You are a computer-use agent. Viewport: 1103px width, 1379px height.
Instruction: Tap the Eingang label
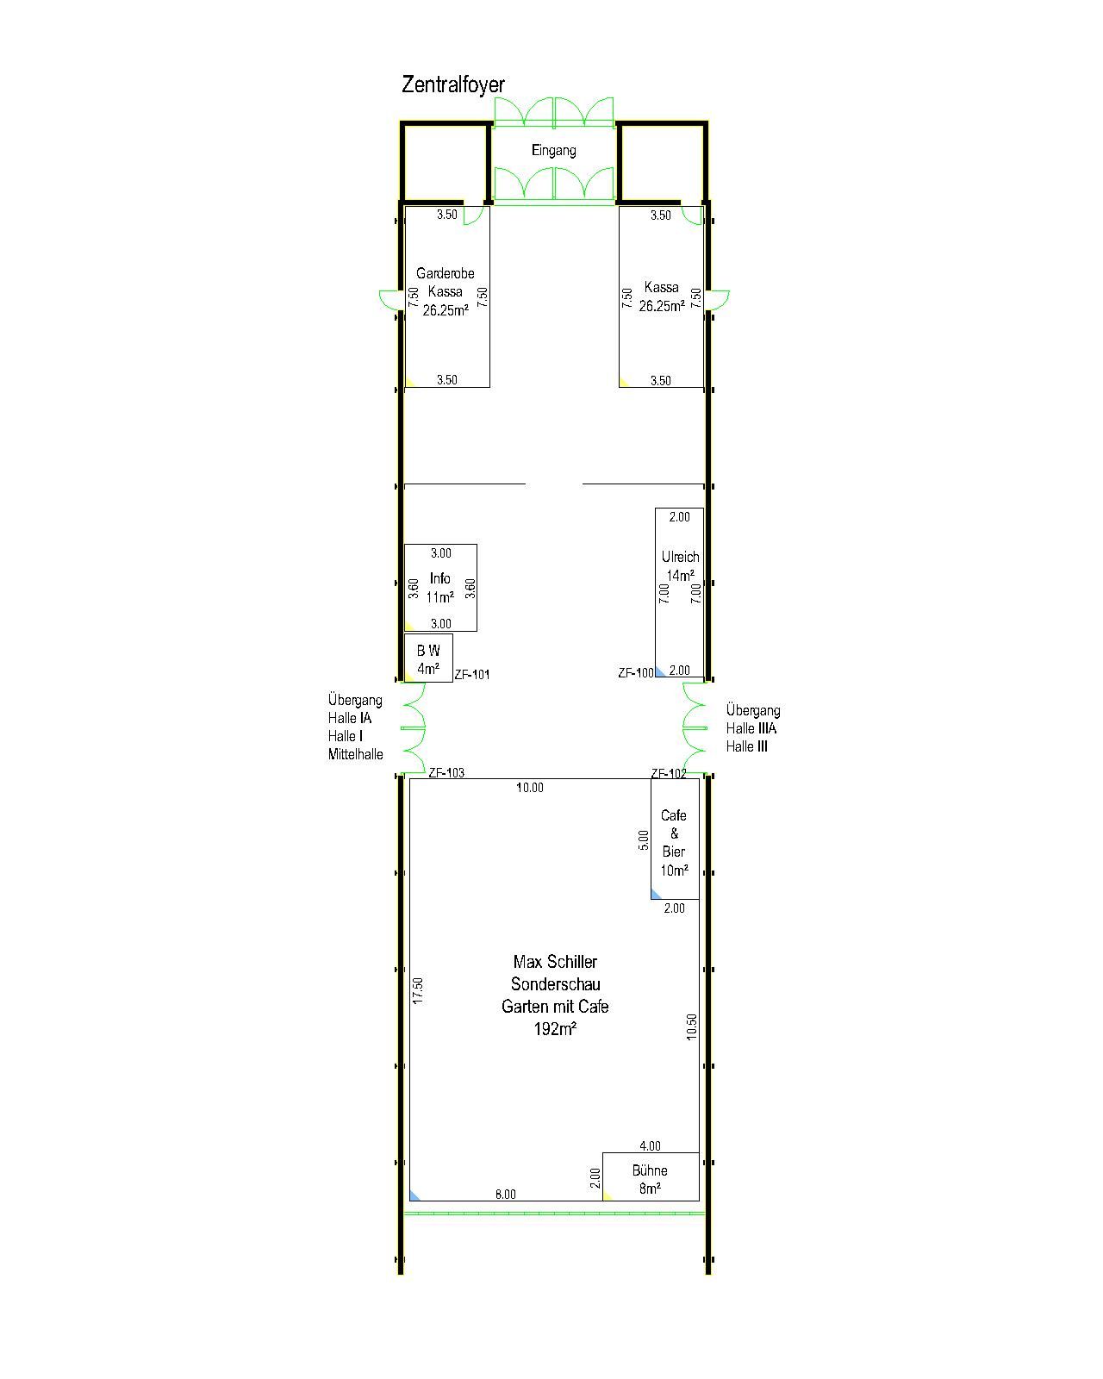coord(554,151)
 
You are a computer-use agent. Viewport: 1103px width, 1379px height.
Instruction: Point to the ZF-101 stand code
coord(472,674)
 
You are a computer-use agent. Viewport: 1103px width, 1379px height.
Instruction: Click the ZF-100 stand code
coord(636,673)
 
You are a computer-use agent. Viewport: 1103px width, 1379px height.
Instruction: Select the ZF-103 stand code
coord(446,772)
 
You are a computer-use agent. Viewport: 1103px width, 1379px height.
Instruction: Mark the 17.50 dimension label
coord(418,990)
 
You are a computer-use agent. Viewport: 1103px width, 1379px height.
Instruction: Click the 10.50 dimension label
coord(692,1026)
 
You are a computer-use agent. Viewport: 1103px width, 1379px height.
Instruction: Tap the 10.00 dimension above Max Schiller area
coord(530,788)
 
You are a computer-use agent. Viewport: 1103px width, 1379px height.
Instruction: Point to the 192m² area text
coord(555,1029)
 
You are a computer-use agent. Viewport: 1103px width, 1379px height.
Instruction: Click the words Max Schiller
coord(555,962)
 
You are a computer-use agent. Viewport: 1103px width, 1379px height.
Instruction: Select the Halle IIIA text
coord(751,728)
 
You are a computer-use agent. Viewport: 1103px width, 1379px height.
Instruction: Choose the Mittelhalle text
coord(356,754)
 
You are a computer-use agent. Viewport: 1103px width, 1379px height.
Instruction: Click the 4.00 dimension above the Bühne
coord(651,1145)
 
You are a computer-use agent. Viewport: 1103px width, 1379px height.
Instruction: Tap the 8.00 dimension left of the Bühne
coord(506,1195)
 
